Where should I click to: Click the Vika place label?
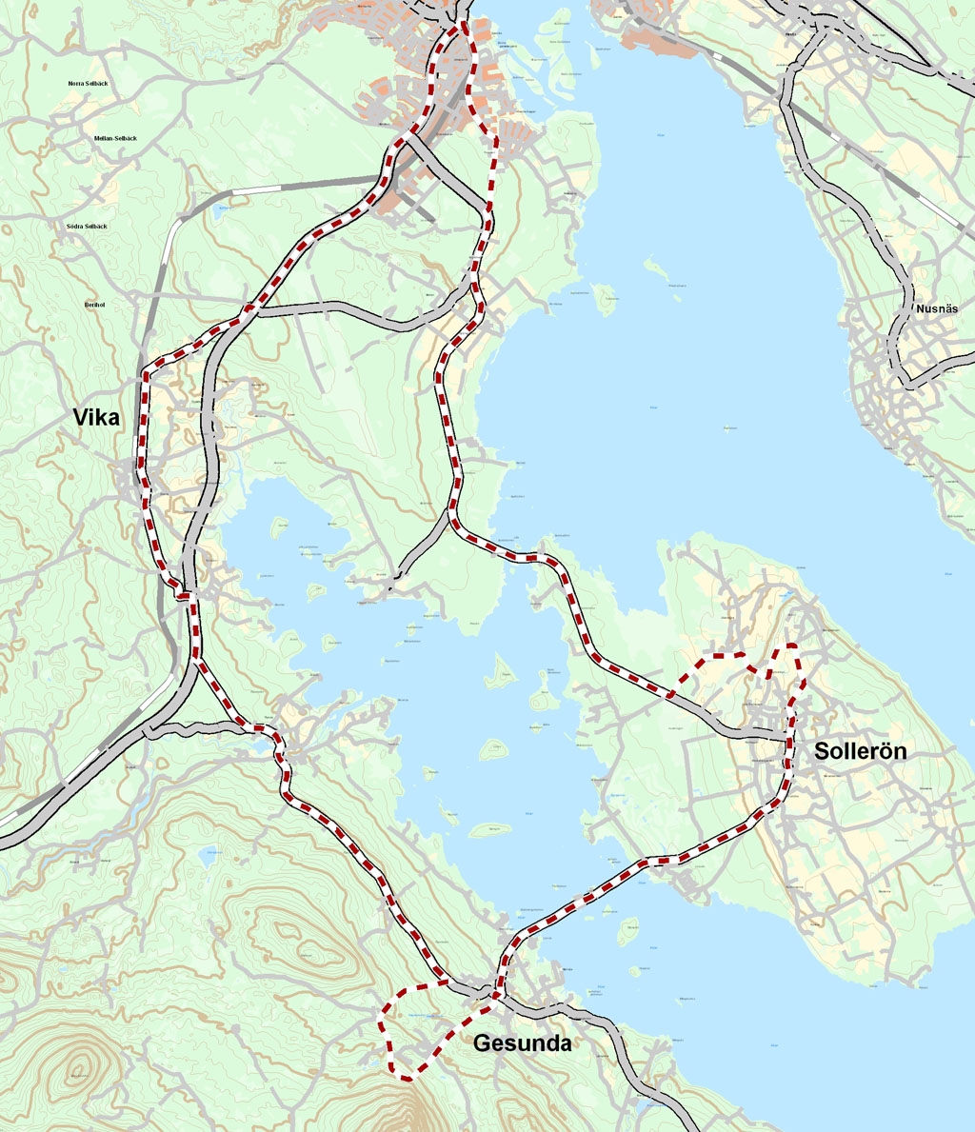96,417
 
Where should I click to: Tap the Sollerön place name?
860,751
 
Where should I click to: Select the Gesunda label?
522,1043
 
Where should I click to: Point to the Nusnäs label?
936,309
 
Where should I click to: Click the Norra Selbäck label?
90,84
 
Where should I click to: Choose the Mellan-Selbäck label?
115,139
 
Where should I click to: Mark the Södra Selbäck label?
87,227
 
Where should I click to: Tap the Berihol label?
93,306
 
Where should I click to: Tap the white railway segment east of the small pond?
259,190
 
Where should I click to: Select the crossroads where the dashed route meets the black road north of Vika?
249,308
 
